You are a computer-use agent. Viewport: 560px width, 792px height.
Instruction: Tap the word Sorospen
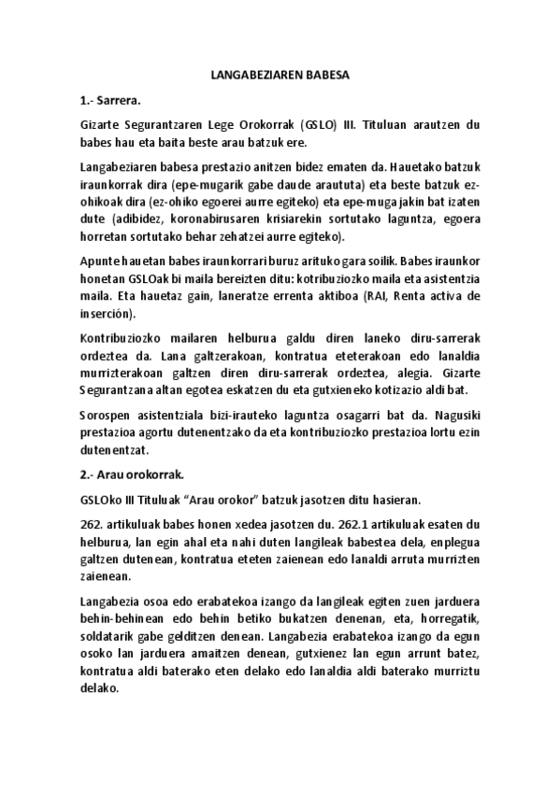coord(108,421)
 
